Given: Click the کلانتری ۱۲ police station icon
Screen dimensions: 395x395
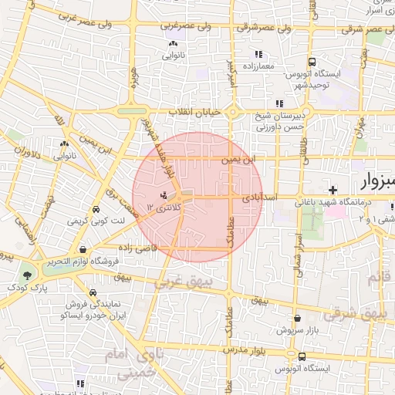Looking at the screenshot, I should (x=163, y=195).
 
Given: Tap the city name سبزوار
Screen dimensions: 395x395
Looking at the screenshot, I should (x=378, y=184).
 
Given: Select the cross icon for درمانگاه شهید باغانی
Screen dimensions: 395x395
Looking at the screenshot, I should (x=333, y=190).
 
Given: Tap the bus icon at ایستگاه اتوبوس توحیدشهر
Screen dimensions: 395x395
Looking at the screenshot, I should (x=312, y=62).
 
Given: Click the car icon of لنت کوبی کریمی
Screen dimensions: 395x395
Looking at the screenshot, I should (x=95, y=210).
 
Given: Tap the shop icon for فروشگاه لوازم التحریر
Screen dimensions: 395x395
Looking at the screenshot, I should (x=83, y=249).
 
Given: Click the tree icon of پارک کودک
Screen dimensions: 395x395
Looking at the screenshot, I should (x=28, y=274).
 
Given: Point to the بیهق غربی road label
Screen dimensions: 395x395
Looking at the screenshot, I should (x=181, y=284).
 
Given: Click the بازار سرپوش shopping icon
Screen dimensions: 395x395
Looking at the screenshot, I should (x=297, y=318).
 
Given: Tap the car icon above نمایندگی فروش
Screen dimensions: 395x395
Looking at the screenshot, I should (x=93, y=293).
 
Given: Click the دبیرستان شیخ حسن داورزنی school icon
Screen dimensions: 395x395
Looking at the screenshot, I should (x=279, y=103).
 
